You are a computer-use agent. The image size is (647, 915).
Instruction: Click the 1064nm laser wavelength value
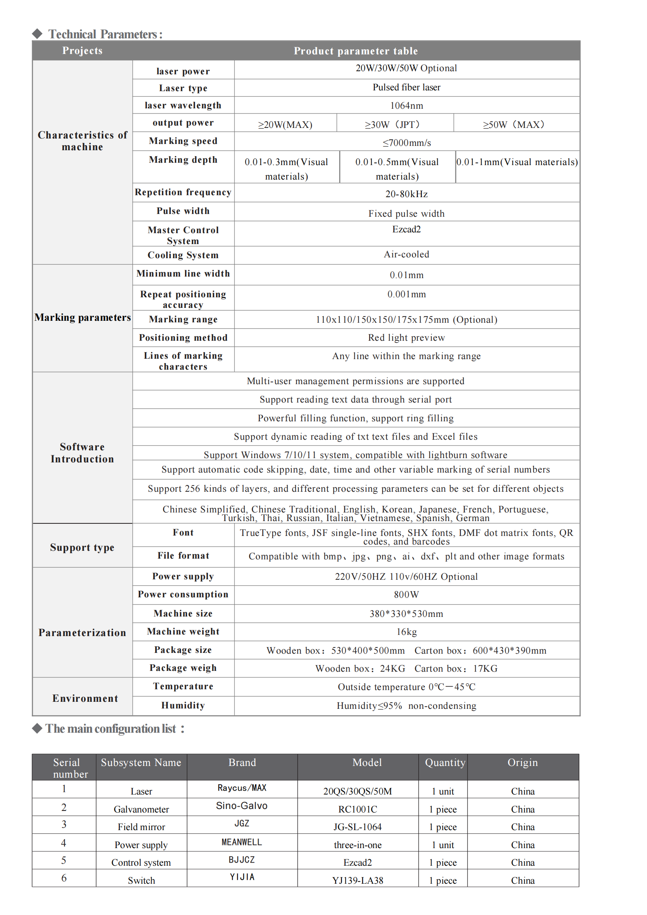point(406,106)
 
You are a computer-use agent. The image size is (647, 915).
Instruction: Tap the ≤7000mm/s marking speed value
point(406,143)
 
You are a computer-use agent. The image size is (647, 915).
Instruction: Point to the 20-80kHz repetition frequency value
point(406,194)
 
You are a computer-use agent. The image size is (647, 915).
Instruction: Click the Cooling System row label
point(183,255)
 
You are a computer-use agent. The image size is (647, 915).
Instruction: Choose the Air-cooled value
point(406,254)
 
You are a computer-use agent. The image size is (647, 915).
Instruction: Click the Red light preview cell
point(406,338)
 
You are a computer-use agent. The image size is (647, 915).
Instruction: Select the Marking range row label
point(183,319)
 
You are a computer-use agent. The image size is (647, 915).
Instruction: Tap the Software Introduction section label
point(82,453)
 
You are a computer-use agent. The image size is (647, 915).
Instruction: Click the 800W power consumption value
point(406,595)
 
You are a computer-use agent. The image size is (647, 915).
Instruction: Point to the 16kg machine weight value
point(406,632)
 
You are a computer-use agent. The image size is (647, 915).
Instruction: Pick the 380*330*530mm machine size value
point(406,614)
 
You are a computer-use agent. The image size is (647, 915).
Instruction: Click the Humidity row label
point(183,705)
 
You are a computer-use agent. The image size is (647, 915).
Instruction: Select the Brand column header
point(242,762)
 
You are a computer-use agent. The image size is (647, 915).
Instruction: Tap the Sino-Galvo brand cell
point(241,805)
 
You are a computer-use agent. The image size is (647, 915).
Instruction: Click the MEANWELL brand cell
point(241,842)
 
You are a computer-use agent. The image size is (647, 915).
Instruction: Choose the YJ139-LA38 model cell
point(358,880)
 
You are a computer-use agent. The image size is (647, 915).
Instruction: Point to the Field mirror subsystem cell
point(141,827)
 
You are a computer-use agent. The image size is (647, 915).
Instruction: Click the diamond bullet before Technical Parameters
point(38,34)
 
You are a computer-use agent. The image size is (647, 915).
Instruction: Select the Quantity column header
point(445,762)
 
